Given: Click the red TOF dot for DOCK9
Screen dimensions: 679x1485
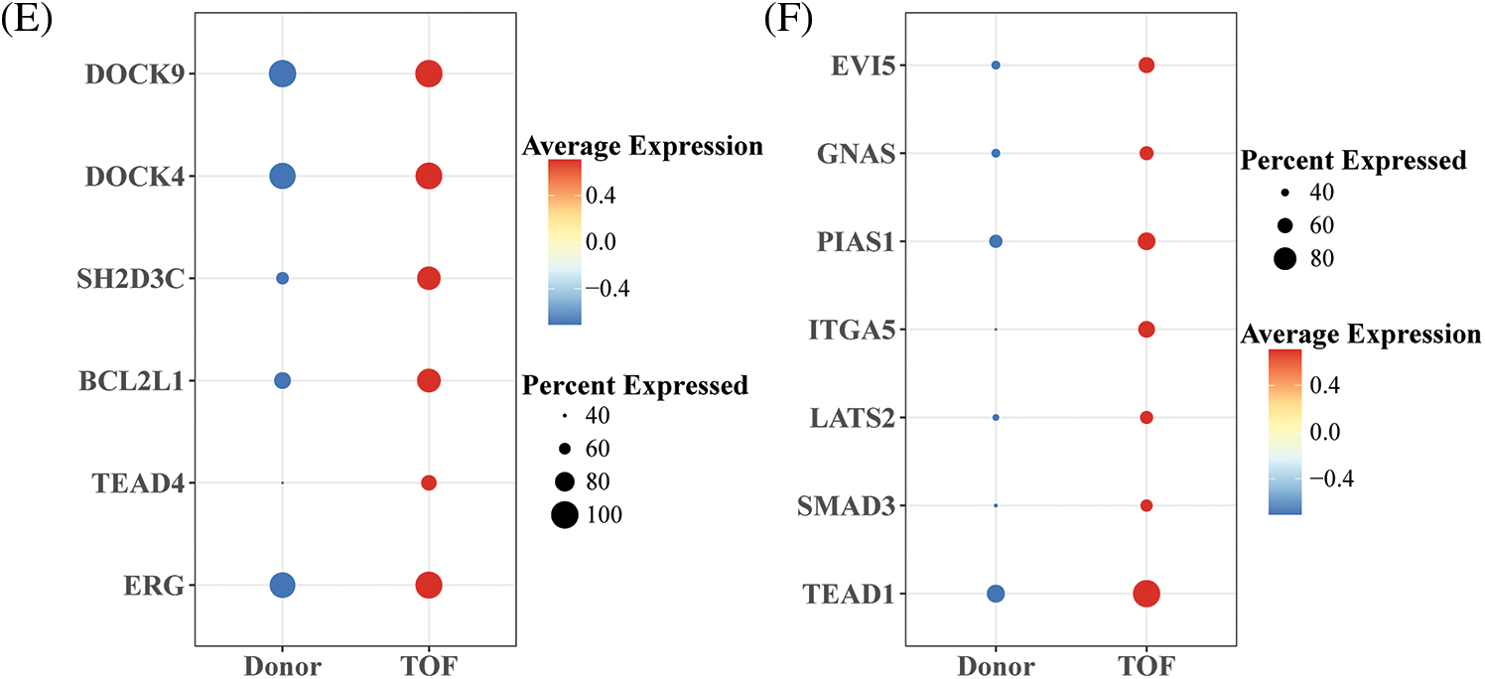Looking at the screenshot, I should (428, 74).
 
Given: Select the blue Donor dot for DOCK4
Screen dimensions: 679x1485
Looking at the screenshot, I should (282, 177).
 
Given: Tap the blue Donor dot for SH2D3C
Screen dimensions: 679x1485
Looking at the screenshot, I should (282, 279).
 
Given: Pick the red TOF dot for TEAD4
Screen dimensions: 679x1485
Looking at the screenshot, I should (428, 482).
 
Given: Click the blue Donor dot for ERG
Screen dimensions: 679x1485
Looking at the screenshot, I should (282, 586).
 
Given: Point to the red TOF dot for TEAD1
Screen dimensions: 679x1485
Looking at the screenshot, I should (1147, 594).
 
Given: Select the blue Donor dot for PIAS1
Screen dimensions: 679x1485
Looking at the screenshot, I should (996, 241).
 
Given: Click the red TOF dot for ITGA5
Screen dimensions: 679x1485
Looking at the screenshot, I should (1147, 330).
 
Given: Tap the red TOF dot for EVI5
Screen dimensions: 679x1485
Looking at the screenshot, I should (1147, 66).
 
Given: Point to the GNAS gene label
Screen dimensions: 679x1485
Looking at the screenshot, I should (857, 154).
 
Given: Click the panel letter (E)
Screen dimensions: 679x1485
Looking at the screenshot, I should (22, 19).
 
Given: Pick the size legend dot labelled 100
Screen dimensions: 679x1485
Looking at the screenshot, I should (565, 514).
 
